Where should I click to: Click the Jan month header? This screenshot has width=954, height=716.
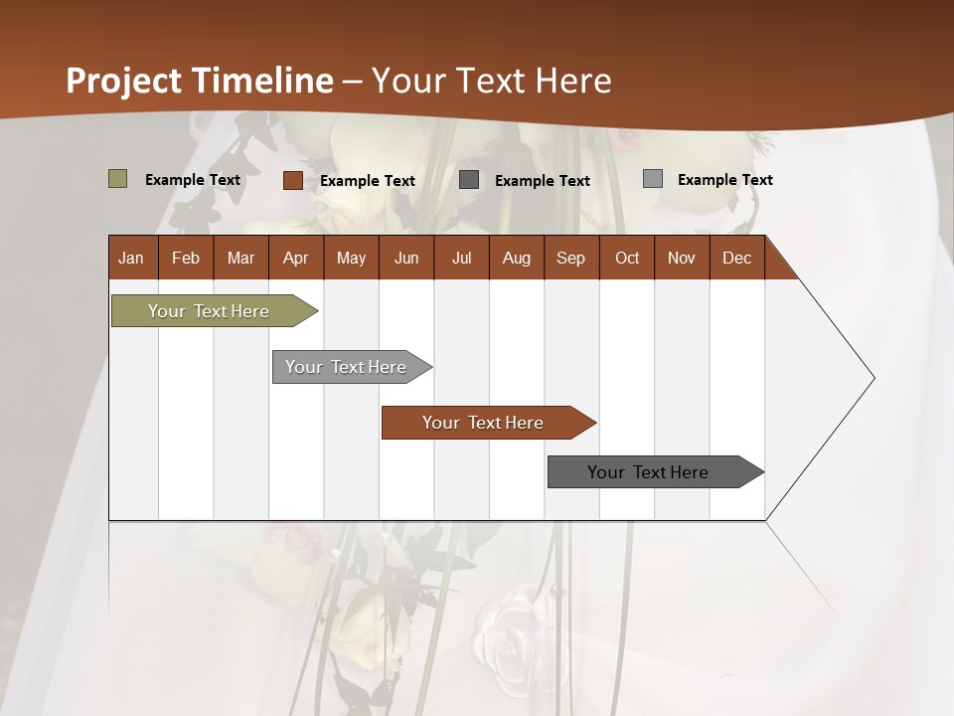pos(132,258)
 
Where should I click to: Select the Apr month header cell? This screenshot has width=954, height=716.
pos(296,258)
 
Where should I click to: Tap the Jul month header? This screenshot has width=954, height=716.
pos(461,258)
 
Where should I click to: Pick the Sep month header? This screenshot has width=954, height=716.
pos(571,258)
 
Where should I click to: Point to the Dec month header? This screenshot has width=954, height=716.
pos(737,258)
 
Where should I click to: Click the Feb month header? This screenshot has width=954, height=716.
pos(186,258)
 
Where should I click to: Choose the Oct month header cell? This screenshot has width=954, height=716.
pos(627,258)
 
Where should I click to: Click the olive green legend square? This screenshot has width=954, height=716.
pos(118,179)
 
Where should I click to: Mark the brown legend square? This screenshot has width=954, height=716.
pos(293,180)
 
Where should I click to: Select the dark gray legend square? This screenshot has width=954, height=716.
pos(469,180)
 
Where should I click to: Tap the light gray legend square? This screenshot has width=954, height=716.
pos(653,179)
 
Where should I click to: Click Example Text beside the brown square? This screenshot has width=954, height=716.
pos(368,181)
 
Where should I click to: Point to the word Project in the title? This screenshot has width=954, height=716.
pos(124,81)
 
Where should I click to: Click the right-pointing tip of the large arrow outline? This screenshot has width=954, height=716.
pos(873,378)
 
